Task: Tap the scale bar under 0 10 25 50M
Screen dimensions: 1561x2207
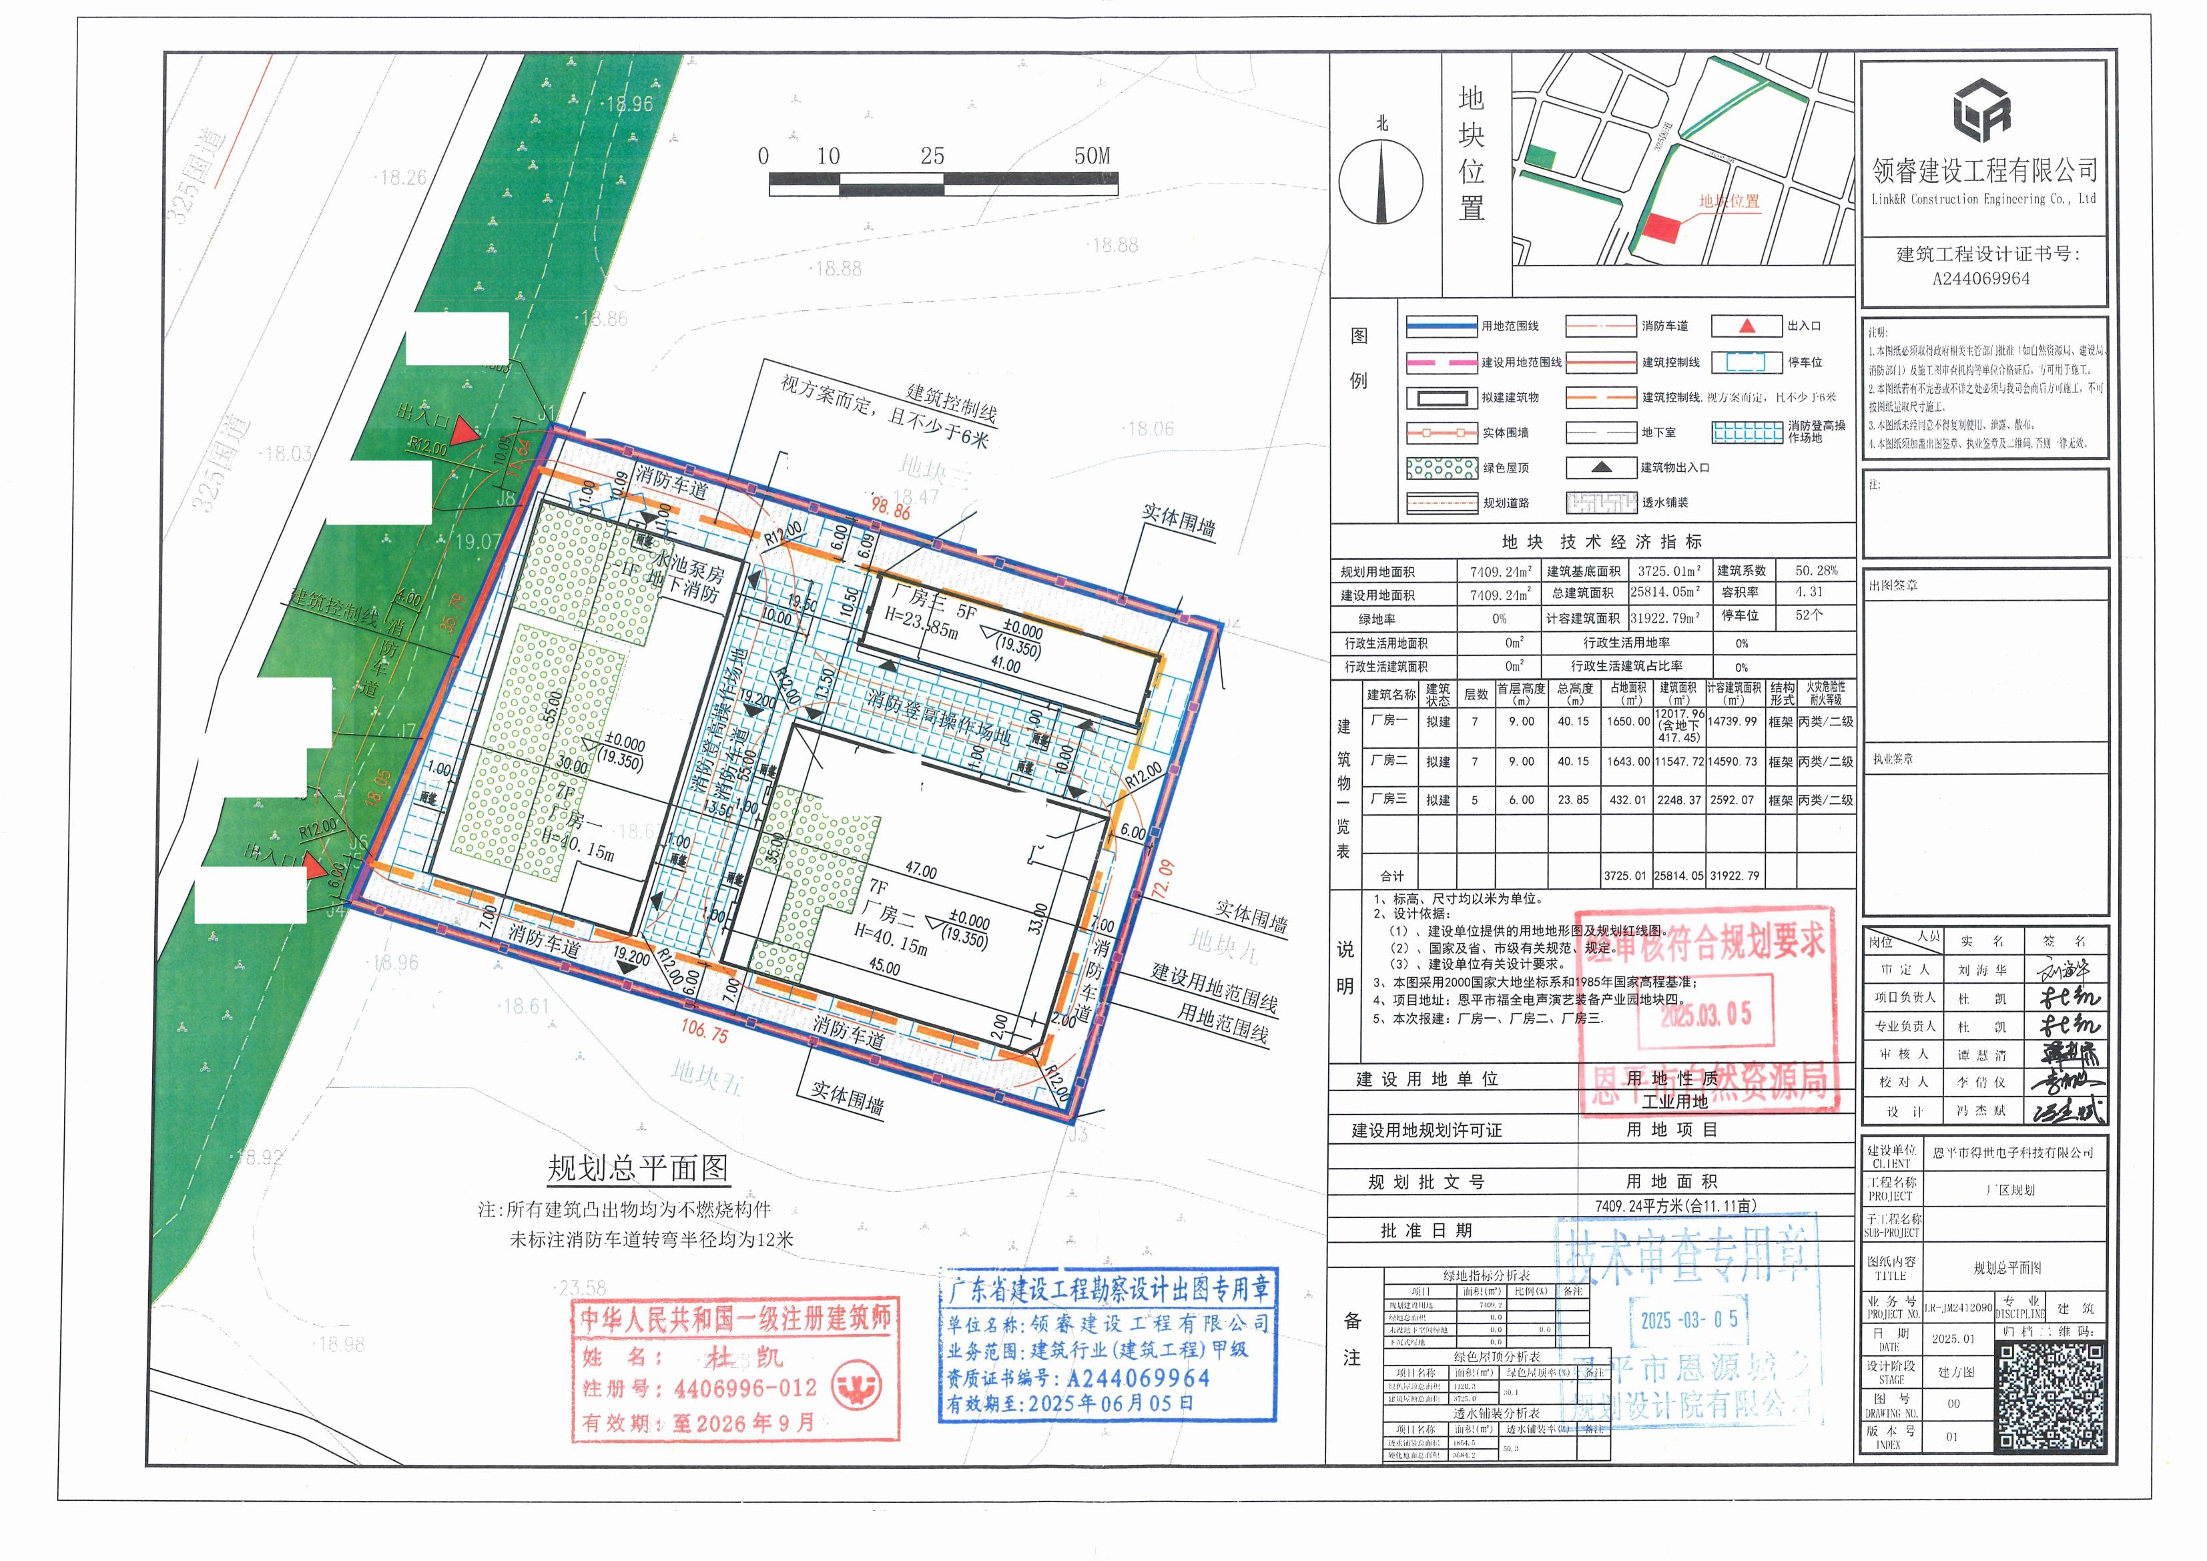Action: click(x=943, y=184)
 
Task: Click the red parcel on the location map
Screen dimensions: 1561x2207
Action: click(x=1660, y=229)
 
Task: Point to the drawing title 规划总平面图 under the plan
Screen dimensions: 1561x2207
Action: click(x=637, y=1169)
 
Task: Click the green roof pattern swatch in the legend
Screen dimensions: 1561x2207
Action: click(x=1441, y=468)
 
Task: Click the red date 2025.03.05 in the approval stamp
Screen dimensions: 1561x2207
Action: click(x=1706, y=1014)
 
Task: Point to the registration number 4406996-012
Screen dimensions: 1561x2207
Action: click(x=745, y=1389)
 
